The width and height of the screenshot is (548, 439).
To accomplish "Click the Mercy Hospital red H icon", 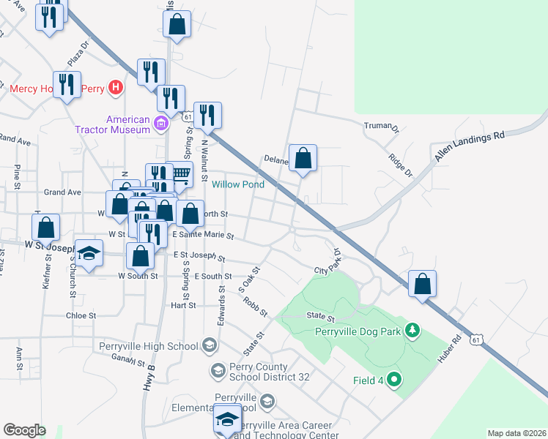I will (114, 89).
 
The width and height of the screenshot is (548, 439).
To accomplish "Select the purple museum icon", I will (162, 124).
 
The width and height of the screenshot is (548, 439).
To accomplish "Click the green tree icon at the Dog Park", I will (412, 331).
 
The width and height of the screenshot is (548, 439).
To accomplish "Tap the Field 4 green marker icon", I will (394, 380).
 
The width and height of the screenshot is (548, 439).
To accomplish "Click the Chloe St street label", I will (81, 315).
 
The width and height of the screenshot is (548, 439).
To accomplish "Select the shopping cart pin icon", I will (179, 173).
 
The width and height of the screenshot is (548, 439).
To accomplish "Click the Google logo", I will (24, 430).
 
